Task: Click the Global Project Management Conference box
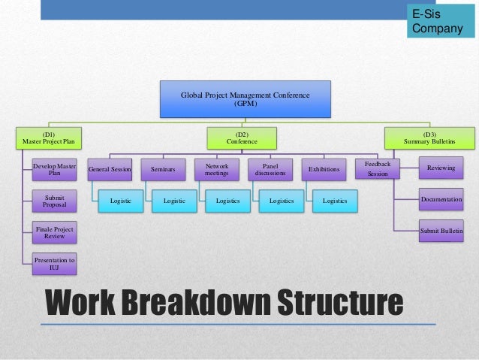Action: pyautogui.click(x=246, y=100)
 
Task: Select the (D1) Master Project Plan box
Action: pyautogui.click(x=49, y=138)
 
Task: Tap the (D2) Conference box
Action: pyautogui.click(x=241, y=138)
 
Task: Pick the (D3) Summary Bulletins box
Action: pyautogui.click(x=429, y=138)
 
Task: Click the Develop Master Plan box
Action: pyautogui.click(x=55, y=169)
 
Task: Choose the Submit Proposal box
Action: pyautogui.click(x=55, y=201)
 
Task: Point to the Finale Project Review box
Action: pyautogui.click(x=55, y=232)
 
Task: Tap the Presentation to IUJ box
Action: pyautogui.click(x=55, y=263)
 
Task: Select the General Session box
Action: pyautogui.click(x=110, y=170)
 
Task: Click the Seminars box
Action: pyautogui.click(x=163, y=170)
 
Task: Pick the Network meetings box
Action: pyautogui.click(x=216, y=169)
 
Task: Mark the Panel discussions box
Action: pyautogui.click(x=270, y=169)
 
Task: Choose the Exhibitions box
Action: pyautogui.click(x=324, y=170)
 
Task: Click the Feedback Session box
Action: pyautogui.click(x=377, y=168)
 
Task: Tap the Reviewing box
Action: pyautogui.click(x=441, y=168)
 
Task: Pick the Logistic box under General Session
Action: pyautogui.click(x=120, y=201)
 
